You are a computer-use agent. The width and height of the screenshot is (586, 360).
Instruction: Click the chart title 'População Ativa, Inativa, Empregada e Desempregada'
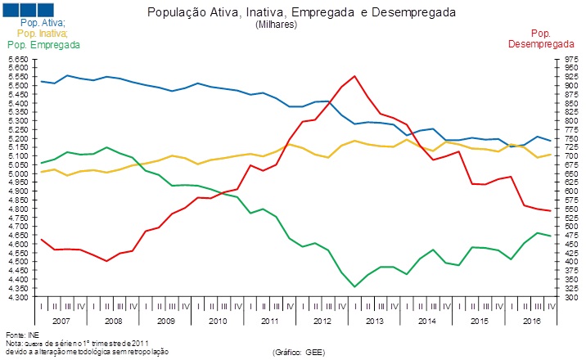[300, 14]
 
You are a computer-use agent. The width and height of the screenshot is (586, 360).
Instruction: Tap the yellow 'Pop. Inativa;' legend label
[42, 34]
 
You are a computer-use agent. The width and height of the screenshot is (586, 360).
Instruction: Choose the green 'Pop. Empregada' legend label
[43, 44]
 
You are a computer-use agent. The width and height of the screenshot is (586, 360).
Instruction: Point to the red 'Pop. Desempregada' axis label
[540, 38]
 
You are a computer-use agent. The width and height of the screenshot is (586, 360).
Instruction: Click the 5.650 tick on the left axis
[18, 60]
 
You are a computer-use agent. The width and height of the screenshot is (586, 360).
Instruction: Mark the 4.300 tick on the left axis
[18, 298]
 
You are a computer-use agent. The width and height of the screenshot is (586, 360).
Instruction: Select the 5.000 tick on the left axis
[18, 174]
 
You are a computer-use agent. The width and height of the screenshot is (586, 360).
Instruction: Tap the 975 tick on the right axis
[564, 60]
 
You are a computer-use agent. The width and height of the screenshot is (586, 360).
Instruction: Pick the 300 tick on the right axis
[564, 298]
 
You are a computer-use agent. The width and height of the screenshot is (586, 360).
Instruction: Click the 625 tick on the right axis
[564, 183]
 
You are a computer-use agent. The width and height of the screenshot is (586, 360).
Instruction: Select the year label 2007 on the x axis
[61, 322]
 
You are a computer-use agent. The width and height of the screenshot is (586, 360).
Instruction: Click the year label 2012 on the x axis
[321, 322]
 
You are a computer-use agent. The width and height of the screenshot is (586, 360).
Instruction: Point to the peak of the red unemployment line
[354, 76]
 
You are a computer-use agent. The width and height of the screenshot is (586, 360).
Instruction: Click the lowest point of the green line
[354, 286]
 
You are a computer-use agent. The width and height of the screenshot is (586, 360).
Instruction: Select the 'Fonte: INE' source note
[22, 335]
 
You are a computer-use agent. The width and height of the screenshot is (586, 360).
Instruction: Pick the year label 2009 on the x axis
[165, 322]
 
